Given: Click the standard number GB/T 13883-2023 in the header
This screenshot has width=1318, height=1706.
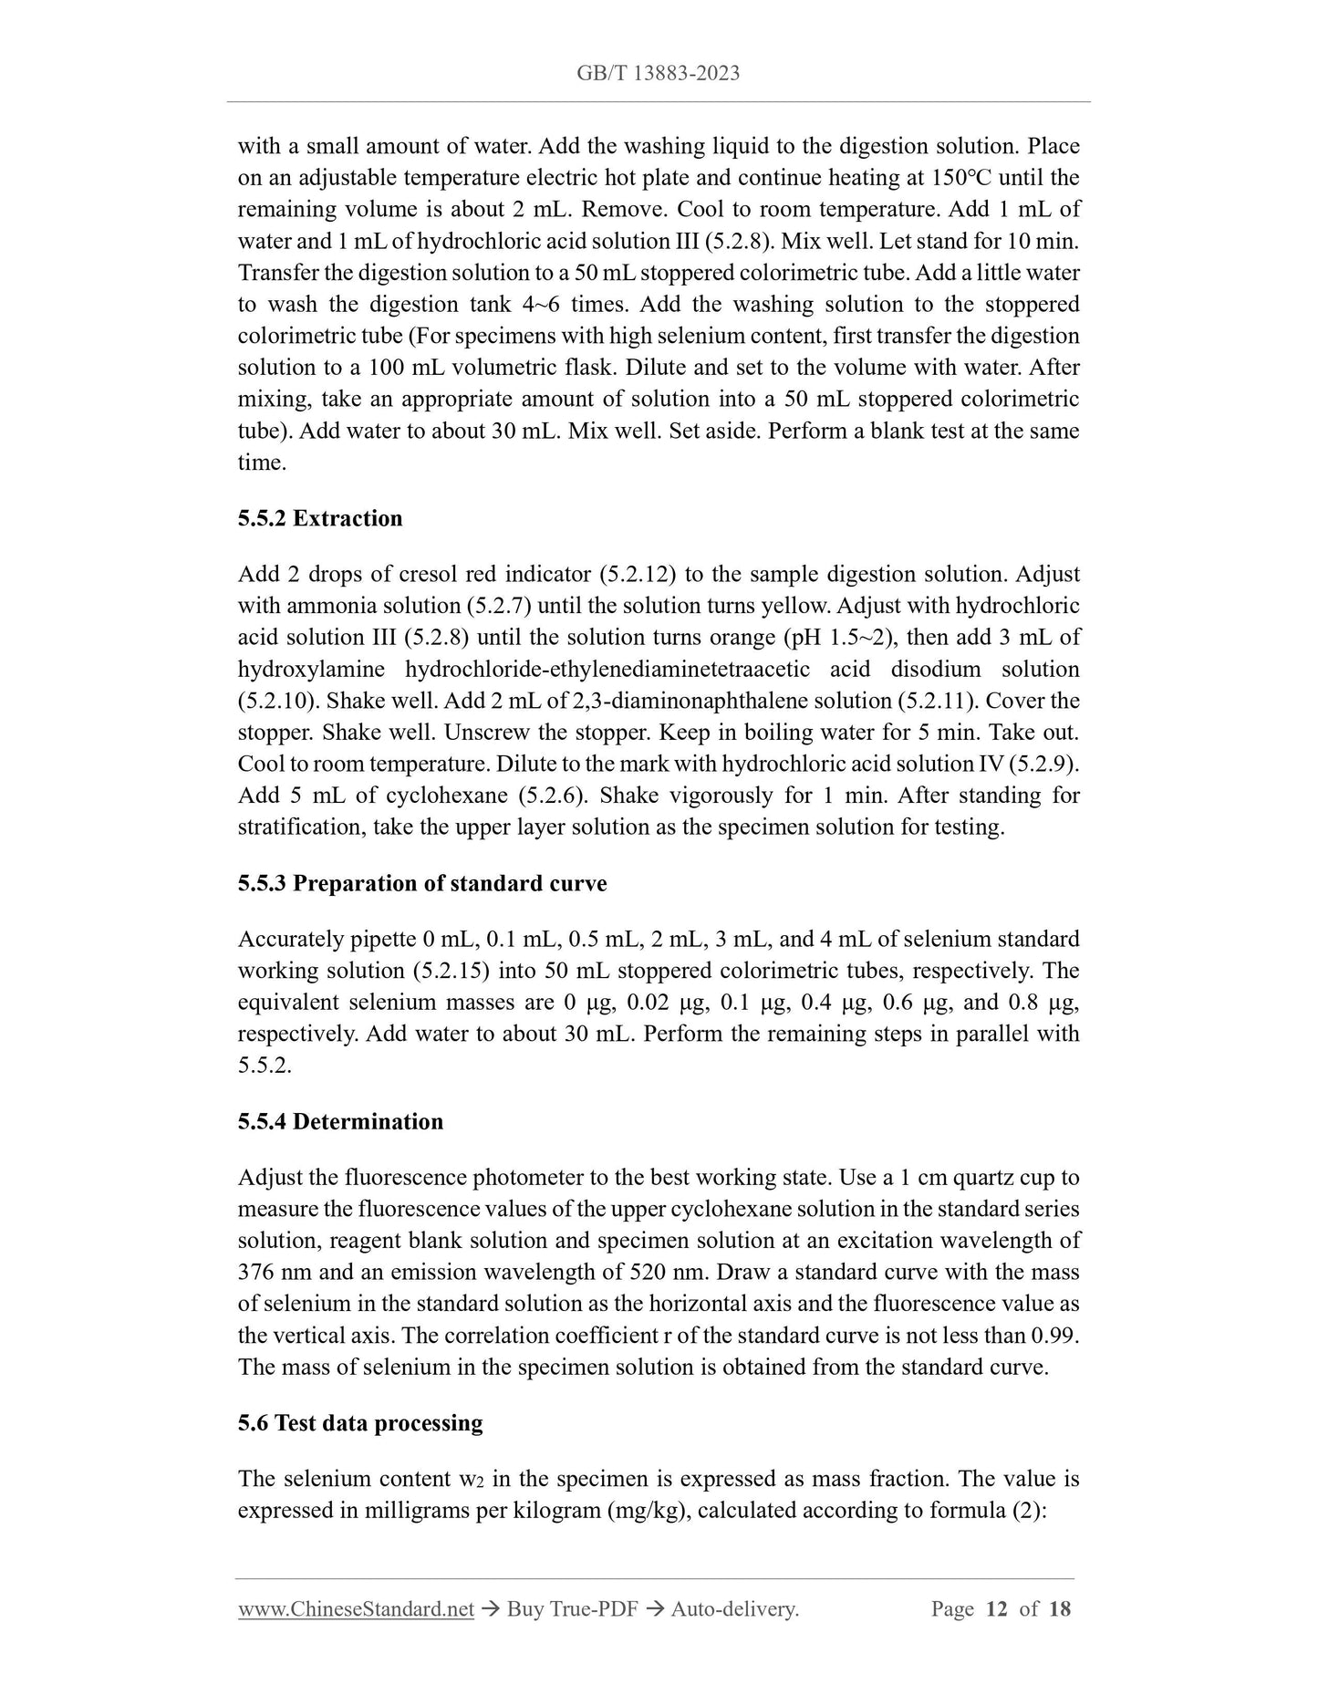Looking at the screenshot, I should (x=658, y=73).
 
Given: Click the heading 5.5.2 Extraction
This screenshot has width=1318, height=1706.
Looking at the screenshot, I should (x=320, y=518).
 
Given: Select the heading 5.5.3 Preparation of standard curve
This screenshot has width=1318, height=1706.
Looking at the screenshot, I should (x=422, y=883).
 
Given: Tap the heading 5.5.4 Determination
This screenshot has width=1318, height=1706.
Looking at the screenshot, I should (x=340, y=1121).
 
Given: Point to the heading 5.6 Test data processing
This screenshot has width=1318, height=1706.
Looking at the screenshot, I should (x=360, y=1422).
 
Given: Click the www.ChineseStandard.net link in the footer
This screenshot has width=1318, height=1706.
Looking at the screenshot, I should (x=356, y=1608).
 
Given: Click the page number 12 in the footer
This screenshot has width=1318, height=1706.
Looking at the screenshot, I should (x=997, y=1608).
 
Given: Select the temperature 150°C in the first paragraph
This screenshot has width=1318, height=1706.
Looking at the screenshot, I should (x=963, y=177).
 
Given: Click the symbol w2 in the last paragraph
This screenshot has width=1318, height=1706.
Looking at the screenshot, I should (x=469, y=1479).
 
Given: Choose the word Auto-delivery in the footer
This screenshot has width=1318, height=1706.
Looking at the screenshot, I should (x=734, y=1608).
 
